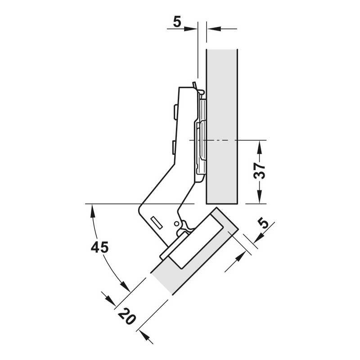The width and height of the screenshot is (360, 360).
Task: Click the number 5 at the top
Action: point(177,22)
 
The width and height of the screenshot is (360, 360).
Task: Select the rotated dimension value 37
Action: point(259,171)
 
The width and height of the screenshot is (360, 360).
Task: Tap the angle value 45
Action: point(99,247)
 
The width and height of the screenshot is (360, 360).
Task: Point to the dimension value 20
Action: point(127,316)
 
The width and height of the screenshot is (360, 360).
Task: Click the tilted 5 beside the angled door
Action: point(263,223)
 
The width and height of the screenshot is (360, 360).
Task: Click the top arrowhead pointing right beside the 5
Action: point(190,29)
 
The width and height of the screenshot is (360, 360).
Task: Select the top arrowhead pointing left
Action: point(213,29)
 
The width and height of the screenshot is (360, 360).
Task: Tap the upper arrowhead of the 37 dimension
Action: point(260,147)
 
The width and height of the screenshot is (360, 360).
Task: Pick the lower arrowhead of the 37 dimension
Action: point(260,197)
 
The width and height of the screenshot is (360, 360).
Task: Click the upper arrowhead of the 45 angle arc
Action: point(93,211)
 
